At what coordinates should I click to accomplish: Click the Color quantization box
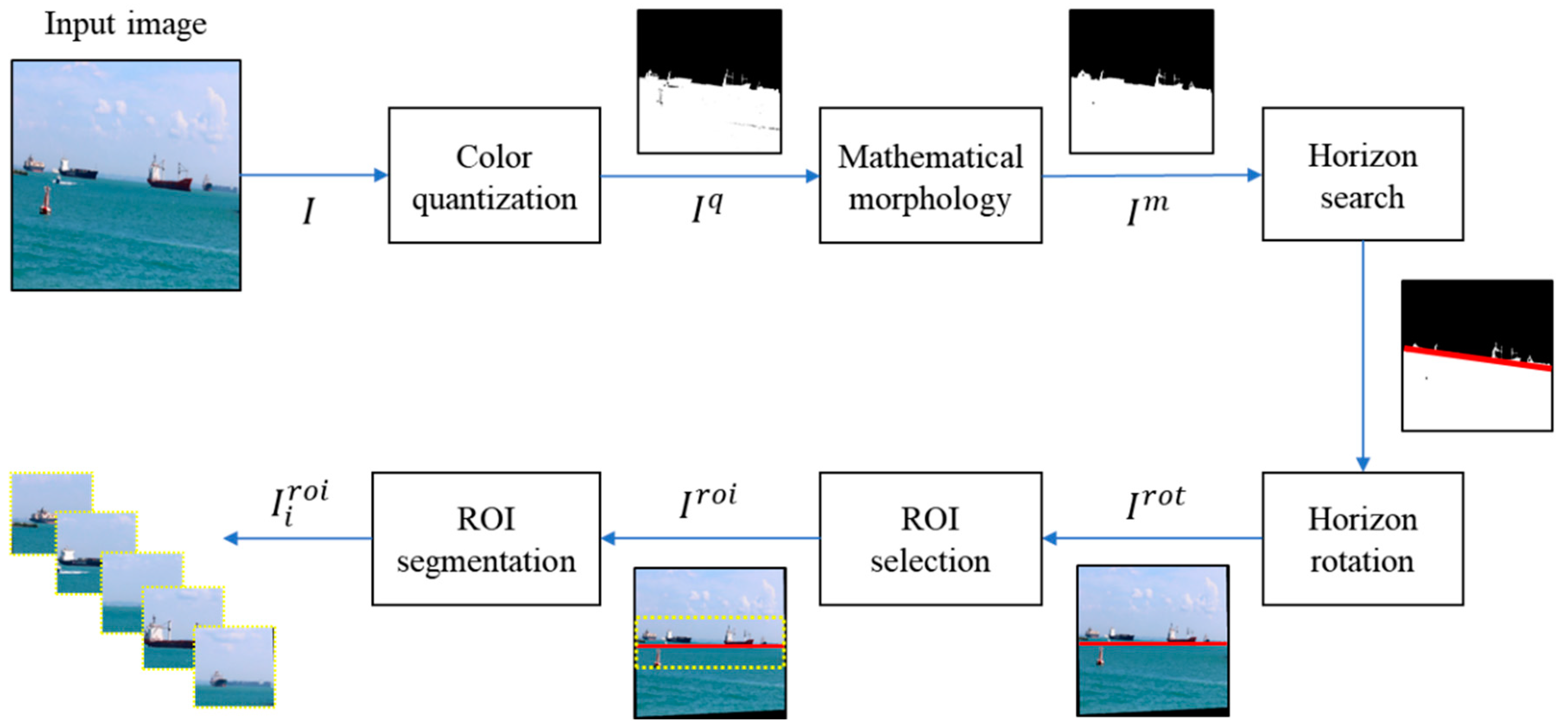click(x=494, y=176)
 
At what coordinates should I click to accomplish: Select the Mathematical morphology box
click(x=930, y=176)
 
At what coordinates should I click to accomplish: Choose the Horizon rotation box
click(x=1362, y=539)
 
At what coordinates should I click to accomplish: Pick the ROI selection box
click(x=930, y=539)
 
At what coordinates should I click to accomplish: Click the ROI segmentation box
click(x=486, y=539)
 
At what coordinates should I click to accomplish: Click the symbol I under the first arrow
click(x=308, y=212)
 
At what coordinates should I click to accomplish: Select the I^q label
click(x=707, y=208)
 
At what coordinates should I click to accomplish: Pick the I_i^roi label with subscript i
click(x=299, y=502)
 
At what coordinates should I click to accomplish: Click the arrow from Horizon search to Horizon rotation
click(x=1363, y=358)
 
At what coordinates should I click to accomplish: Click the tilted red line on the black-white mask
click(x=1477, y=358)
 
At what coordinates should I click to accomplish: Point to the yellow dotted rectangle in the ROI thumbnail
click(x=710, y=619)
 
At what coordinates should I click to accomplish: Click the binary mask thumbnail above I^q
click(x=709, y=81)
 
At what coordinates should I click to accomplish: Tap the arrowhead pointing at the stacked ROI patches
click(x=231, y=538)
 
